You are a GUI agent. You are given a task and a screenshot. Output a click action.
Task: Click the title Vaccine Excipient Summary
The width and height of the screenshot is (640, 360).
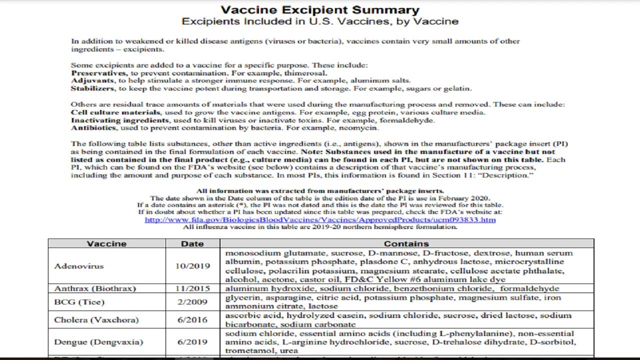pos(320,10)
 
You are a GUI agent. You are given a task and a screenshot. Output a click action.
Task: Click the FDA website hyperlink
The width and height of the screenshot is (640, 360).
pos(320,219)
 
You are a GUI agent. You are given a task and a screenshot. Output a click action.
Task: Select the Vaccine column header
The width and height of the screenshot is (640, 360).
pos(106,244)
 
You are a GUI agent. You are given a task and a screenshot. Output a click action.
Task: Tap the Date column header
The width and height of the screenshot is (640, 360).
pos(192,244)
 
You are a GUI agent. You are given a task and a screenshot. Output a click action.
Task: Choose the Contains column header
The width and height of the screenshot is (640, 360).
pos(406,244)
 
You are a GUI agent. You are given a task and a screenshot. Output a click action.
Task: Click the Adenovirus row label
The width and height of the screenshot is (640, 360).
pos(78,266)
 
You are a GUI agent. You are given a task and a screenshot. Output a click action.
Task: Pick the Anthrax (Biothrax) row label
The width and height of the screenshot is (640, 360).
pos(95,288)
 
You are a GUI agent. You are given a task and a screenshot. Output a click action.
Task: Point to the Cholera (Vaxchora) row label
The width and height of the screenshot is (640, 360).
pos(96,320)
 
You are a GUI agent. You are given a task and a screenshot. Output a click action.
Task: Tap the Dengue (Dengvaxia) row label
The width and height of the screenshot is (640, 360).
pos(98,342)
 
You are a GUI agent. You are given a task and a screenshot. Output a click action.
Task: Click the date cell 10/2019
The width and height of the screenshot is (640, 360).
pos(192,266)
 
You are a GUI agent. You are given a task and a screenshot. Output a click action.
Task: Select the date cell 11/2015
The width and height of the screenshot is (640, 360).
pos(192,288)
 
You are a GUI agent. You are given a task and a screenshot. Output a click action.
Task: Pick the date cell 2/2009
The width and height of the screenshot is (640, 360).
pos(192,302)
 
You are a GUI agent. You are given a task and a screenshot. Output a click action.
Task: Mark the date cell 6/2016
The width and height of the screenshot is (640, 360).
pos(192,320)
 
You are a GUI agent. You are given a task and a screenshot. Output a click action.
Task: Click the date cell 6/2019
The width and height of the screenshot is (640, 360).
pos(192,342)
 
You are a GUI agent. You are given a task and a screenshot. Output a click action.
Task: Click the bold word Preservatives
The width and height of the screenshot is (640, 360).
pos(98,73)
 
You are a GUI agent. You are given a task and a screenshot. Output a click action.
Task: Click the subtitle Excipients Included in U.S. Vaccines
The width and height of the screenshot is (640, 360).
pos(320,21)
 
